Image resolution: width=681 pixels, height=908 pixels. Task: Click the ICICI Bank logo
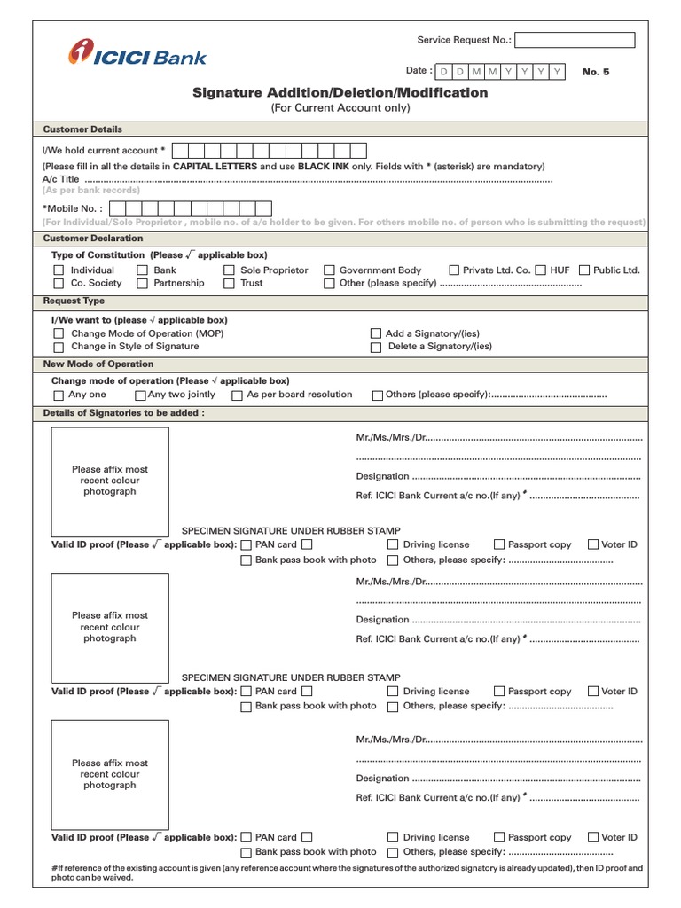137,55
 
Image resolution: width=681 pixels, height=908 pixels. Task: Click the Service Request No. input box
575,40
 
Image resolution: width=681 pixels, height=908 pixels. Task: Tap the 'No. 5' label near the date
596,72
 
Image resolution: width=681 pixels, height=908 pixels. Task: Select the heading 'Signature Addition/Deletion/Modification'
340,92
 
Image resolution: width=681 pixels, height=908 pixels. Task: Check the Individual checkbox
59,270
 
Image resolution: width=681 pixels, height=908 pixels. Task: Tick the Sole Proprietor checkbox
229,270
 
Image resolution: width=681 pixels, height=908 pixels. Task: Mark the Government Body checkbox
329,270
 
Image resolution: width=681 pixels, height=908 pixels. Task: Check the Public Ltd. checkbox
584,270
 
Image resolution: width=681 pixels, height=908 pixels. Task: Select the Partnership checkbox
143,284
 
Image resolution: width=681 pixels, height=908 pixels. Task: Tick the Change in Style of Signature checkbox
59,348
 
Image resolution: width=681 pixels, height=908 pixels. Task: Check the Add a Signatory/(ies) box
375,335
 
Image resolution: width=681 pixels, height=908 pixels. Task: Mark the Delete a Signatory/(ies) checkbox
375,348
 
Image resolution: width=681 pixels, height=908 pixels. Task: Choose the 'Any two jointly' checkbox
140,395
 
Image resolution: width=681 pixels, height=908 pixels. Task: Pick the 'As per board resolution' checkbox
237,395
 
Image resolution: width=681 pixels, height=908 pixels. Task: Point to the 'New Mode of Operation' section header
98,364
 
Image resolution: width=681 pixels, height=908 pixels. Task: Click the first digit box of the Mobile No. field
114,208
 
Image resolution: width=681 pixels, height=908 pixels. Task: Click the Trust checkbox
229,284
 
